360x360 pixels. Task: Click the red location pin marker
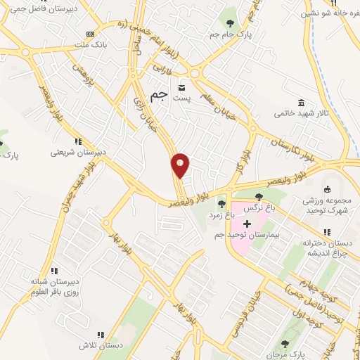(x=181, y=165)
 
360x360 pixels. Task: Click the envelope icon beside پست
(x=182, y=88)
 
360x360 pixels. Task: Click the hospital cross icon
(x=247, y=224)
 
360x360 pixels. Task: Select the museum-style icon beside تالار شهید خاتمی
(x=301, y=102)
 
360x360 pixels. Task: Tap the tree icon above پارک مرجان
(x=285, y=344)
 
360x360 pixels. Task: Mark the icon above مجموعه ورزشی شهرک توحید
(x=326, y=188)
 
